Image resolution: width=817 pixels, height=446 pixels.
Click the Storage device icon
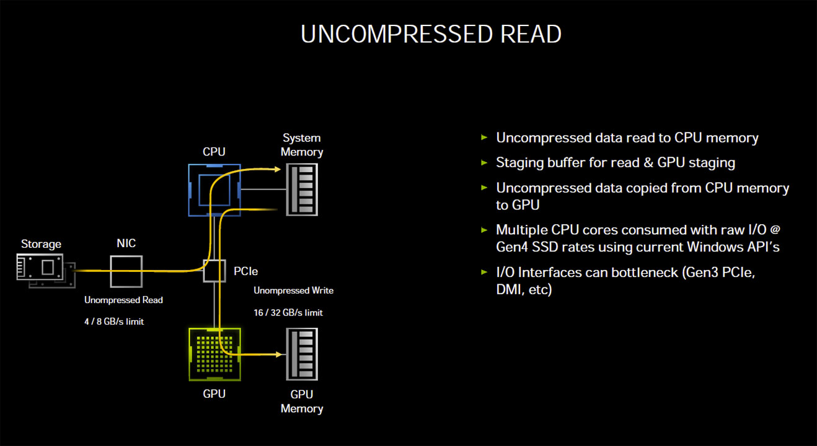point(46,271)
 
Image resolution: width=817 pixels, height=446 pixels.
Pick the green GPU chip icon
point(215,354)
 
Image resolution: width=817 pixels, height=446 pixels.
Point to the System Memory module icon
point(302,190)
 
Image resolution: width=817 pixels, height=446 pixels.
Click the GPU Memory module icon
point(302,354)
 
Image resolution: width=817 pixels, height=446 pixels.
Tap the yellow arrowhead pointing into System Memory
point(278,169)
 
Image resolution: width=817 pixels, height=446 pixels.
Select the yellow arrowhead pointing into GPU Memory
point(278,354)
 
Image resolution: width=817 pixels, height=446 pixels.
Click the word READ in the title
point(531,34)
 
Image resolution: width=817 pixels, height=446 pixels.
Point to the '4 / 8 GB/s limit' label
point(114,321)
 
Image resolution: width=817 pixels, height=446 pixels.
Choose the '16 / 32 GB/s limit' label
point(288,313)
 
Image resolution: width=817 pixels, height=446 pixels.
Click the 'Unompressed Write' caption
point(294,291)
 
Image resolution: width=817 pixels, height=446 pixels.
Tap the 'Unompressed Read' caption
point(123,300)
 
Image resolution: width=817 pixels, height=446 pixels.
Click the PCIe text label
point(246,271)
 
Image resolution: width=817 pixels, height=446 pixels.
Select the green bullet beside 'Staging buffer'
point(484,162)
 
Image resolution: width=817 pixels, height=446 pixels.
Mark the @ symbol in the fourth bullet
point(775,230)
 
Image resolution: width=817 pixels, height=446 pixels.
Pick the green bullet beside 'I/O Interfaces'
point(484,272)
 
